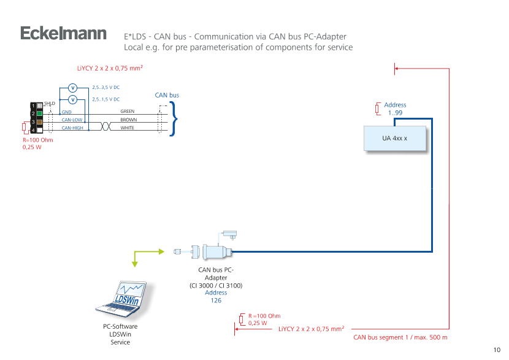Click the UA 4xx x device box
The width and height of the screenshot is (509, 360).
pos(394,139)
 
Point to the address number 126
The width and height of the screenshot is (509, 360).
pos(216,301)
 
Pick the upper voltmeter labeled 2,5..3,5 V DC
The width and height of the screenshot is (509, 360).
pos(72,87)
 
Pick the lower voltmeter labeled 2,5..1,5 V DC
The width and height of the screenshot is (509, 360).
pos(72,99)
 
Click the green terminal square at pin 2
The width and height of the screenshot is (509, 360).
pos(39,113)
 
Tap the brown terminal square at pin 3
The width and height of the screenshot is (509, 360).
pos(39,122)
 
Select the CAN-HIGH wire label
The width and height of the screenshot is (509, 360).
pos(72,128)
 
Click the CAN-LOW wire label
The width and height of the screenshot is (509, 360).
pos(72,120)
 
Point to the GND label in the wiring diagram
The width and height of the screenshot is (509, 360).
pos(67,112)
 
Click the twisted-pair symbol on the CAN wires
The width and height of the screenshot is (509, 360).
pos(105,124)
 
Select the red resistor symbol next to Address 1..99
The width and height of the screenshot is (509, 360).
pos(377,109)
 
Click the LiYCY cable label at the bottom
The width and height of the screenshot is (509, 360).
pos(311,329)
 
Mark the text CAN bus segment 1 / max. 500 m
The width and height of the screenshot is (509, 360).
pos(400,337)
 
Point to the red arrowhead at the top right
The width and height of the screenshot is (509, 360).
pos(397,69)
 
